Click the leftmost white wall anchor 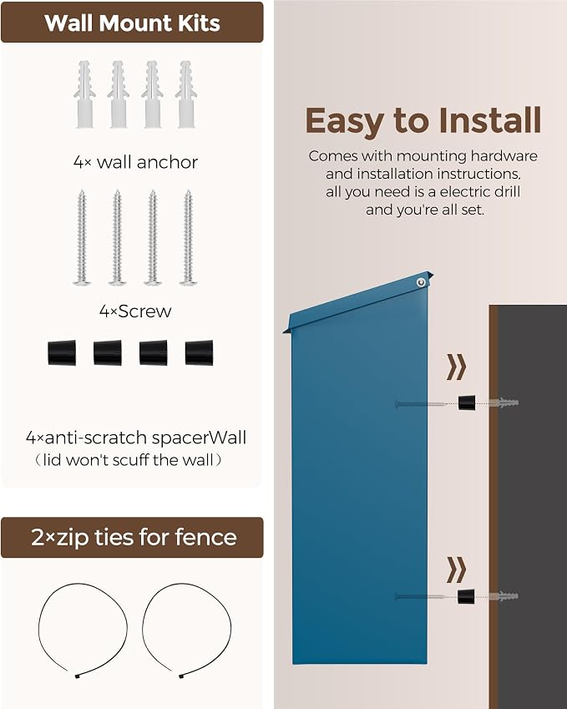click(84, 94)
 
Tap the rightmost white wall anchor click(186, 94)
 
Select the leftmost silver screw click(82, 237)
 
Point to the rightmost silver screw click(188, 237)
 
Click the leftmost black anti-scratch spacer click(62, 352)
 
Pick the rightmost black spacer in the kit click(199, 352)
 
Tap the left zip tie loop click(83, 630)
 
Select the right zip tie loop click(187, 630)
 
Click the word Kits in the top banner click(199, 23)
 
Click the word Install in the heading click(489, 120)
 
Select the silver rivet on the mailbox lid click(421, 282)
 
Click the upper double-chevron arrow click(456, 367)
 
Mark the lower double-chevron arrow click(456, 570)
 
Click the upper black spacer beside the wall click(467, 403)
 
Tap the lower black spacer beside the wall click(466, 596)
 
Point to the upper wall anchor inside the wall click(504, 403)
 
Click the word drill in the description click(505, 192)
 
